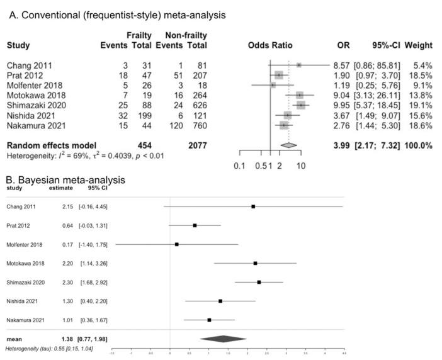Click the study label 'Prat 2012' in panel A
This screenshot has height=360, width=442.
click(x=25, y=75)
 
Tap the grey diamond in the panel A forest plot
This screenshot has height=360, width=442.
click(x=288, y=145)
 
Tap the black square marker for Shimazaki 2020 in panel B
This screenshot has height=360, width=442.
click(x=259, y=282)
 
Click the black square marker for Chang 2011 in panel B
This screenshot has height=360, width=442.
click(x=253, y=206)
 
